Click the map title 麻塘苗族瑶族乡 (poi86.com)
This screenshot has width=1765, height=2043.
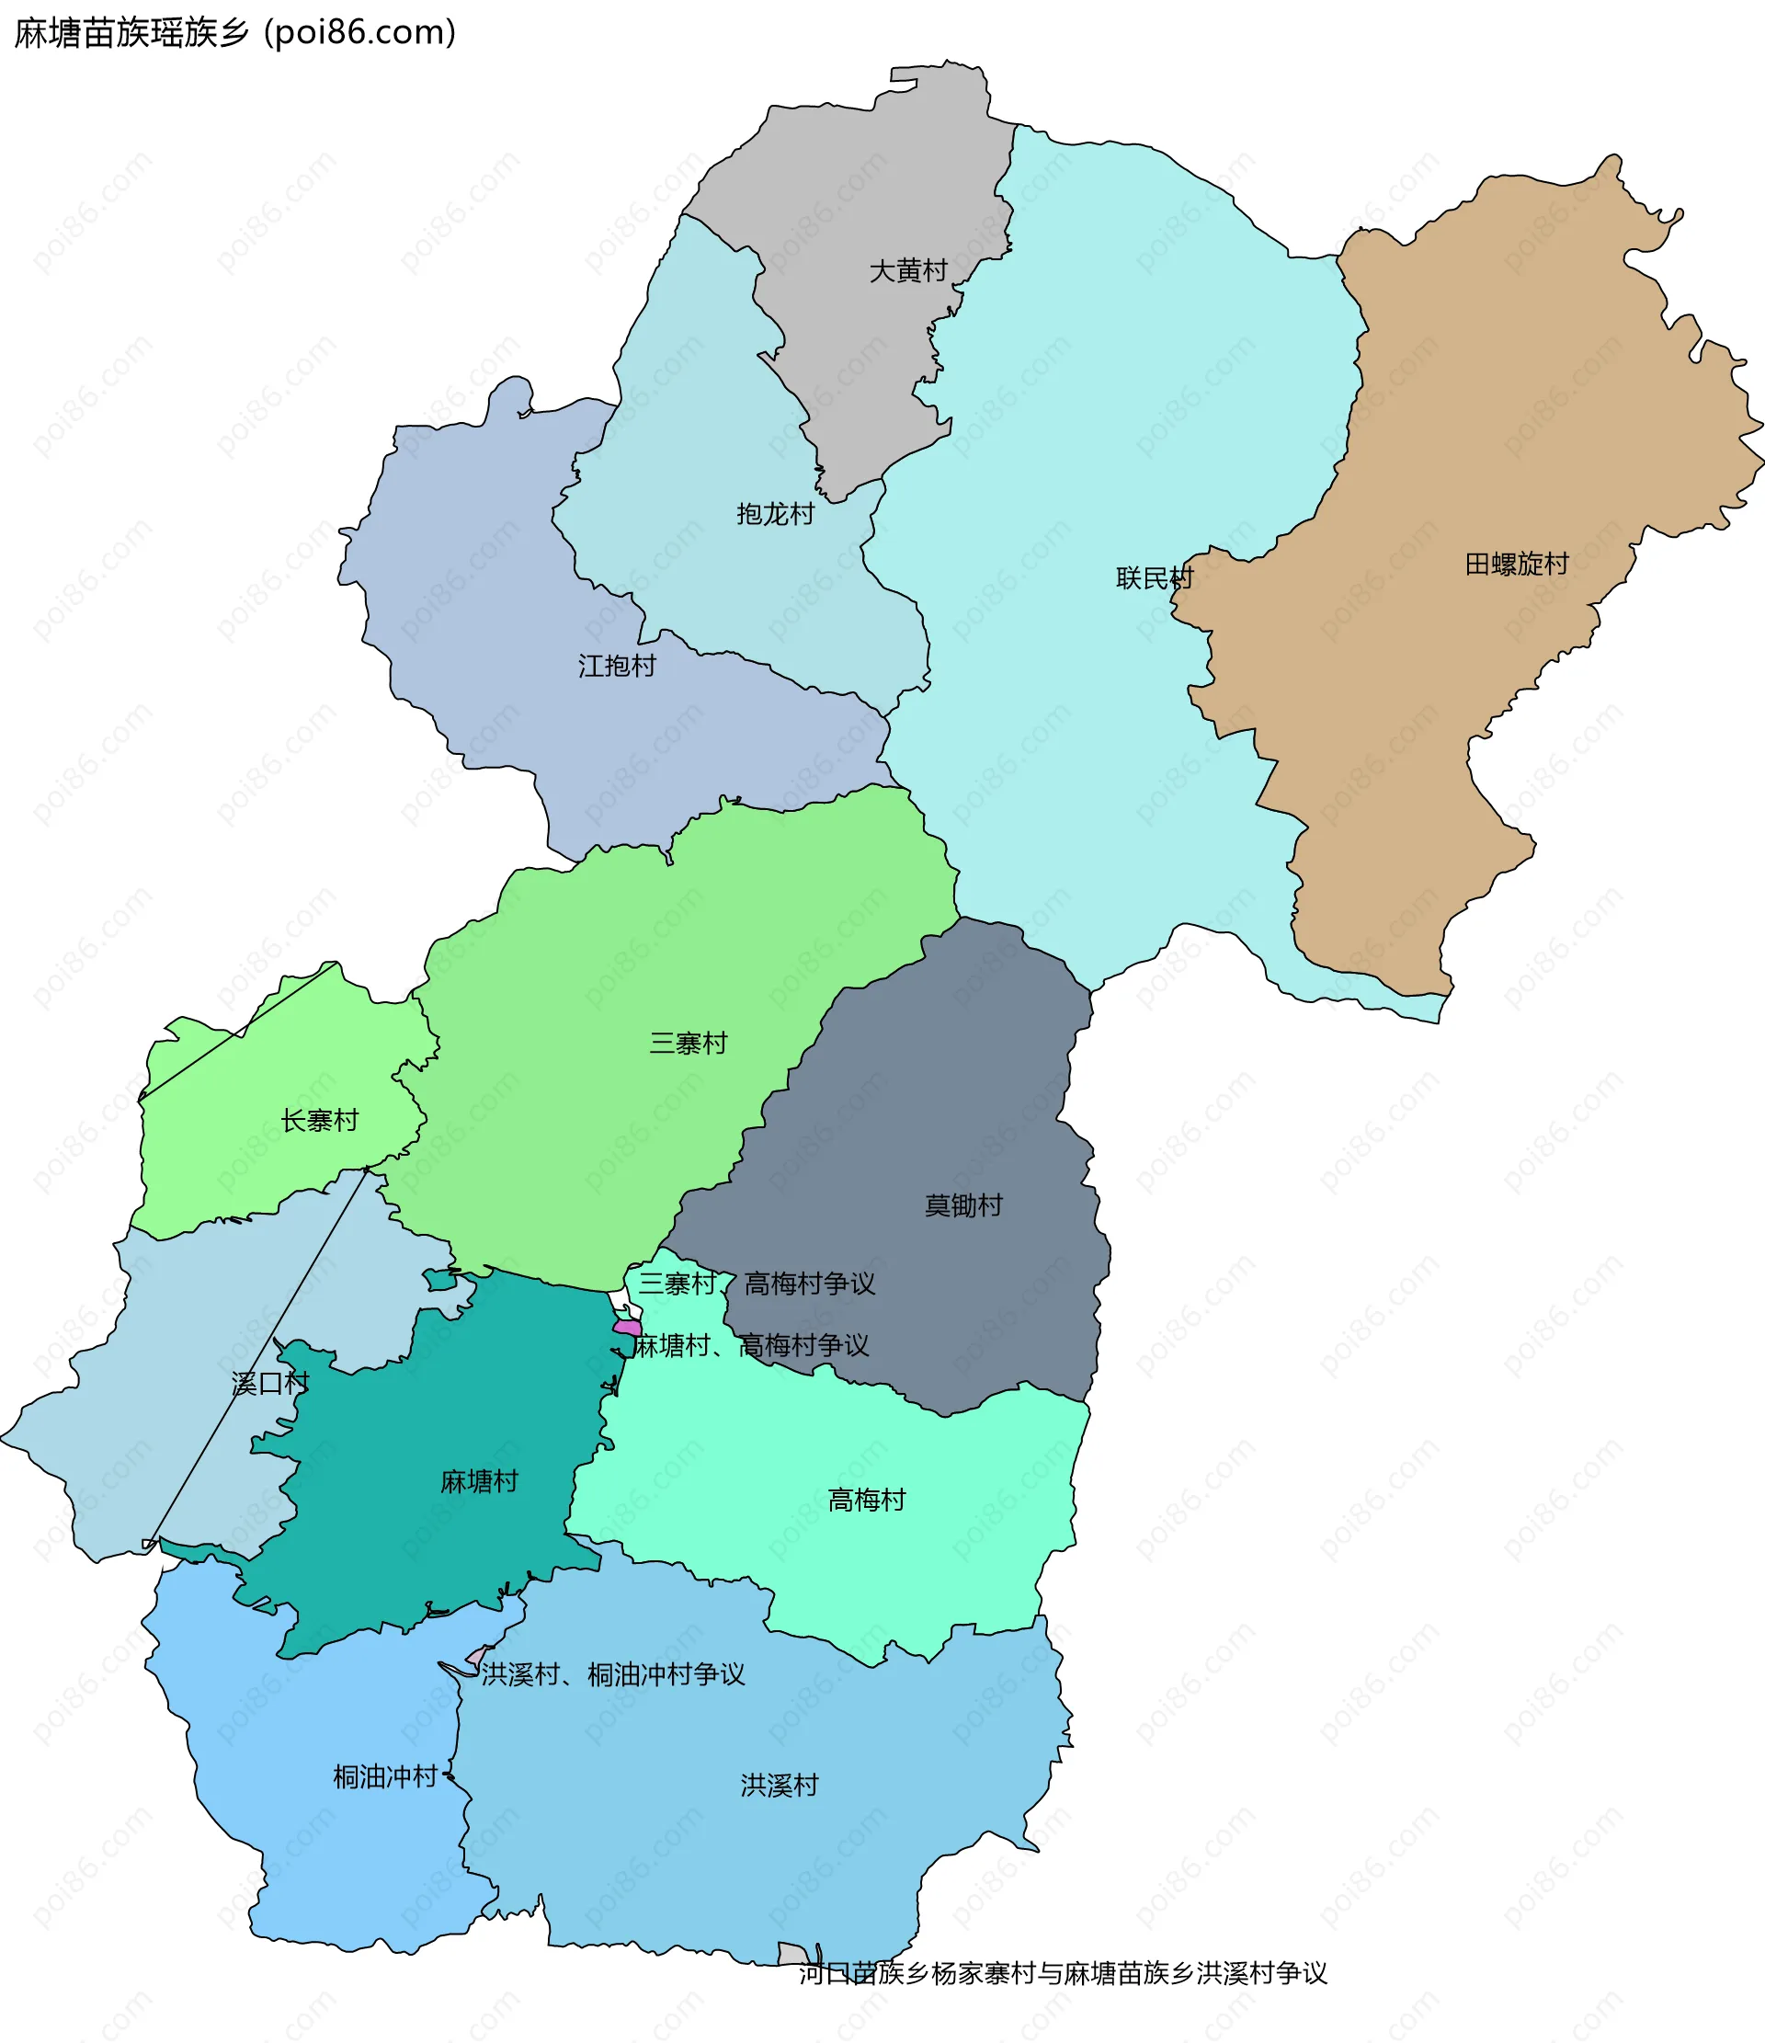234,32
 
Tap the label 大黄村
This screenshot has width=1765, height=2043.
907,270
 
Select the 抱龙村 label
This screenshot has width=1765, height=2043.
775,514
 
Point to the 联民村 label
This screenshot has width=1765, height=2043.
1154,577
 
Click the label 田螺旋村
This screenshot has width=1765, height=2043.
1516,564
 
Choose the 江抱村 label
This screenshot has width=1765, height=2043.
616,666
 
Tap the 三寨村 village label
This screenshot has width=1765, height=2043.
688,1043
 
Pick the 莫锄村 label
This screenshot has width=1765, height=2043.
962,1204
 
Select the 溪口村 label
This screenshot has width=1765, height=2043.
270,1384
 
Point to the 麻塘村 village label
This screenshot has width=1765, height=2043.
478,1481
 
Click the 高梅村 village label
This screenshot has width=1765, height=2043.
866,1500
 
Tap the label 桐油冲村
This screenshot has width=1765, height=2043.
384,1776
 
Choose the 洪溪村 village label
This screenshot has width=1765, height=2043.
779,1785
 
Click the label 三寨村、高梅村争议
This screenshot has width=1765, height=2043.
757,1284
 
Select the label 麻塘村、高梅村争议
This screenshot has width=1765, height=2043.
750,1345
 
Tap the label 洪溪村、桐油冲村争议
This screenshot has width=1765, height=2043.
612,1674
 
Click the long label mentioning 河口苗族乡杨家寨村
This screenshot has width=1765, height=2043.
1062,1973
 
